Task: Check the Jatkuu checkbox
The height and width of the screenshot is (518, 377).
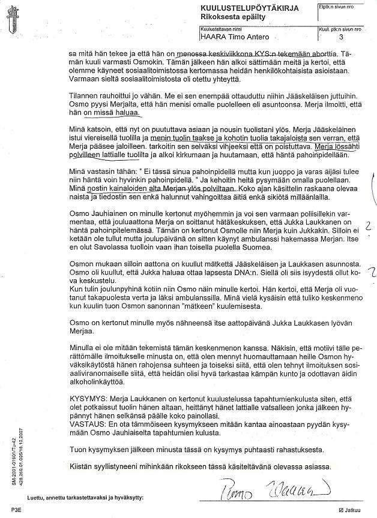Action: click(340, 510)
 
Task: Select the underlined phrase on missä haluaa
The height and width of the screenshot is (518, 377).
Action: click(112, 112)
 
